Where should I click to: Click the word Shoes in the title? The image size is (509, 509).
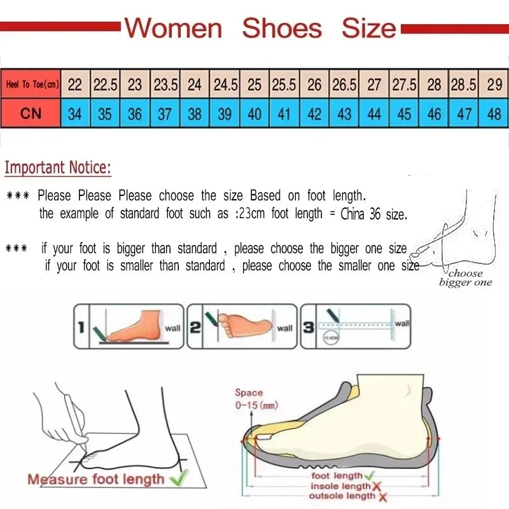282,29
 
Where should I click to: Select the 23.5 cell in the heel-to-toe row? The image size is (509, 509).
165,85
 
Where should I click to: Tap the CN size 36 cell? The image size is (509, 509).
135,114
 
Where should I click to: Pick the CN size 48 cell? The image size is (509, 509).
494,114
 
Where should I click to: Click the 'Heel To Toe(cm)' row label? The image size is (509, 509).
32,85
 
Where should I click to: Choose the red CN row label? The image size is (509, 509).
31,114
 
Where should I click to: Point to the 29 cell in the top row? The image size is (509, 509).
494,85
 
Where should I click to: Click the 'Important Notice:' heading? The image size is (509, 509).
58,168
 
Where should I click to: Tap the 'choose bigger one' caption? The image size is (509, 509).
465,278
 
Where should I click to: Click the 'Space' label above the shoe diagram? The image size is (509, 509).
249,393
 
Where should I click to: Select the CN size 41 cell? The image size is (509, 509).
284,114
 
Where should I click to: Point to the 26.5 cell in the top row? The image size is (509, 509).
344,85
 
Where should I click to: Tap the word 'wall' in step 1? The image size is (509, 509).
172,328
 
